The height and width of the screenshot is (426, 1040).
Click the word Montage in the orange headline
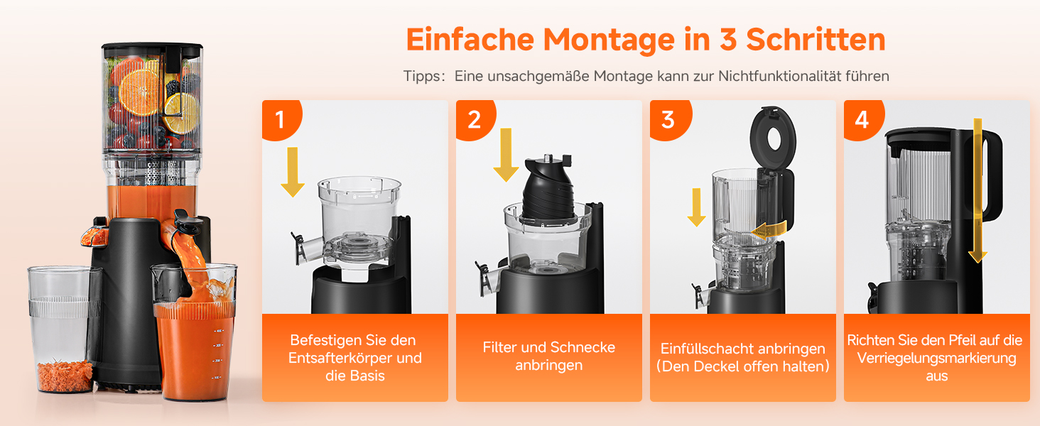(609, 40)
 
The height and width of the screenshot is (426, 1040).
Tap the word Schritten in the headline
(816, 40)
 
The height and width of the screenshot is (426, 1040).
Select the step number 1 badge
(281, 119)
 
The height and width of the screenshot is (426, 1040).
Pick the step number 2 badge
(475, 119)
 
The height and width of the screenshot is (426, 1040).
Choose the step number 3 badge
(668, 119)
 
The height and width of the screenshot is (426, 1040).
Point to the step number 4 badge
(862, 119)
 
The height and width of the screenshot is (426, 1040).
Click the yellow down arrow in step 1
(293, 172)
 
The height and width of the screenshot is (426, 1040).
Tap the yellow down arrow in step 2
(506, 155)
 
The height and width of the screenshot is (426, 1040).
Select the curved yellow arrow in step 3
(769, 230)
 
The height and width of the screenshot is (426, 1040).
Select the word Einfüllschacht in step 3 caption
(704, 349)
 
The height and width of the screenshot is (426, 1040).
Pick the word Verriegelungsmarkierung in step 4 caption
(936, 359)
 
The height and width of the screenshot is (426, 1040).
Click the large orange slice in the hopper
(139, 92)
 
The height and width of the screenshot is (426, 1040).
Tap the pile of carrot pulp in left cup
(65, 375)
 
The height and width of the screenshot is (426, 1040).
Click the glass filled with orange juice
(194, 332)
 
